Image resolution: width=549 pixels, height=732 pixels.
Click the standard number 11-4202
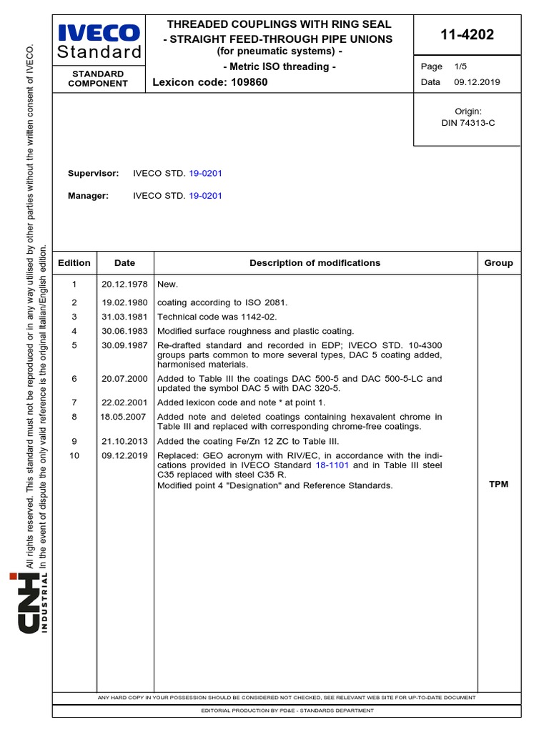[x=468, y=35]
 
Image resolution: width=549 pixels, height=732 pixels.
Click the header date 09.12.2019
[x=477, y=82]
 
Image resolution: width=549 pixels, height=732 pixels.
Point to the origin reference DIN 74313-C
[x=468, y=123]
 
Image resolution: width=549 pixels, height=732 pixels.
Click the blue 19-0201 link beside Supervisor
[x=205, y=174]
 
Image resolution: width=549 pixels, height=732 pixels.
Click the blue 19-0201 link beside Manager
[x=205, y=196]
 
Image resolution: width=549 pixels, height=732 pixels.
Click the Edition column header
[x=74, y=263]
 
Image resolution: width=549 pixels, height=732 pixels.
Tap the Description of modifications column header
[x=315, y=263]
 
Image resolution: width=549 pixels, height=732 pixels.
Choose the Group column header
[x=498, y=263]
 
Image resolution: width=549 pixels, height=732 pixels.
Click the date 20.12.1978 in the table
[x=124, y=285]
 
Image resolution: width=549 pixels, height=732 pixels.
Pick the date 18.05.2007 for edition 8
[x=124, y=417]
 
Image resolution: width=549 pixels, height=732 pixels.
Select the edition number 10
[x=74, y=456]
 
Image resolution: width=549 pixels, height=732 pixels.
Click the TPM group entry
[x=498, y=485]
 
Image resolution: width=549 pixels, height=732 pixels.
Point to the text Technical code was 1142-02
[x=217, y=317]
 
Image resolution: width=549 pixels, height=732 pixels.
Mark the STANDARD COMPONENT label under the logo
[x=98, y=79]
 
